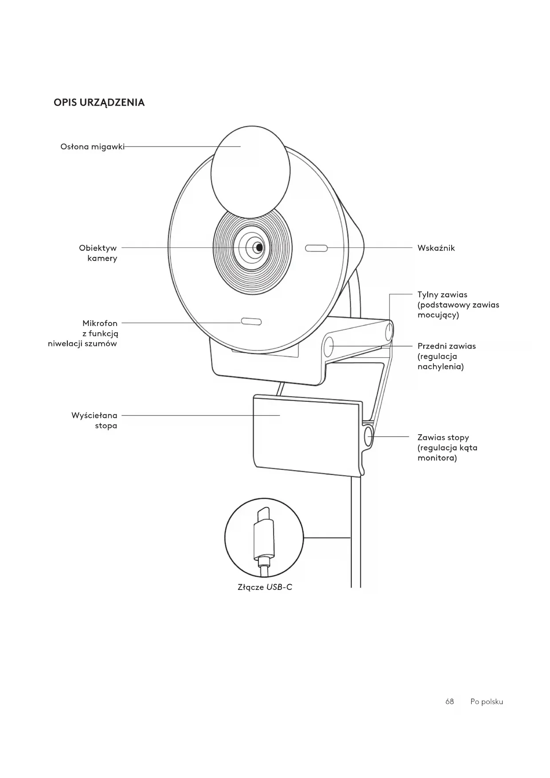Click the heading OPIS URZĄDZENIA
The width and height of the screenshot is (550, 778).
tap(99, 102)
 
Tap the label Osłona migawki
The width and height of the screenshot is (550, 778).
tap(92, 146)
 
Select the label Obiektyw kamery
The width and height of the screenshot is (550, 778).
tap(98, 253)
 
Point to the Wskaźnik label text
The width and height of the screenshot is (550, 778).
tap(436, 248)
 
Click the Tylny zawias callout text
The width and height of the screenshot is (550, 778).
tap(458, 305)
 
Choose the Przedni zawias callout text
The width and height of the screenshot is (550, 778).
tap(446, 356)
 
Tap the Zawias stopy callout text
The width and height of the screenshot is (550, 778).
tap(447, 448)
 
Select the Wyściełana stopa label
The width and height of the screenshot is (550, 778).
tap(94, 420)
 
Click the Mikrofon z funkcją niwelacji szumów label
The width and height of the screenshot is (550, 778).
tap(83, 333)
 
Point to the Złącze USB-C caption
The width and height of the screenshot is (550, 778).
tap(265, 587)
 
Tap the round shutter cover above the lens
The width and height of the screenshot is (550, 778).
tap(250, 172)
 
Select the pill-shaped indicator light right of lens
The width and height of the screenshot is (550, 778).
tap(316, 248)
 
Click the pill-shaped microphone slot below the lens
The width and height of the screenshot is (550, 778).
tap(251, 322)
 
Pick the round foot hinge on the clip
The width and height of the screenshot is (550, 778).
tap(368, 437)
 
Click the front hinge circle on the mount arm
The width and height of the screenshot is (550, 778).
tap(329, 346)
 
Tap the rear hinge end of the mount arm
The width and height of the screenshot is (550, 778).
tap(389, 331)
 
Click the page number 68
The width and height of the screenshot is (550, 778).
tap(449, 702)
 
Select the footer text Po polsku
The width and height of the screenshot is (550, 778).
tap(487, 702)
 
